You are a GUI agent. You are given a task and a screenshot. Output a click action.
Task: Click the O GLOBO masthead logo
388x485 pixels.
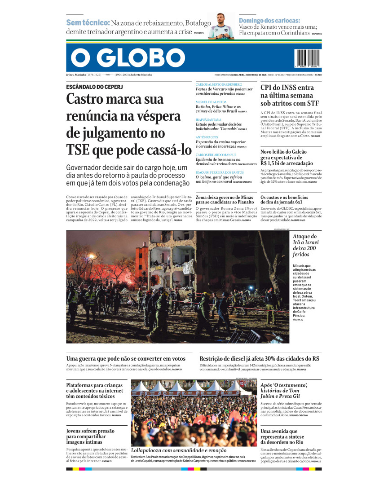click(x=128, y=57)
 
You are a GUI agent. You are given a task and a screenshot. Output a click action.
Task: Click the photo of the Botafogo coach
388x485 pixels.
click(x=221, y=26)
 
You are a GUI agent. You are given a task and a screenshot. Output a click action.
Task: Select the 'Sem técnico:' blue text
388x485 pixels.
click(x=88, y=22)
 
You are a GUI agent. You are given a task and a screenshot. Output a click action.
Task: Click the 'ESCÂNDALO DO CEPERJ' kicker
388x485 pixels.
click(x=94, y=86)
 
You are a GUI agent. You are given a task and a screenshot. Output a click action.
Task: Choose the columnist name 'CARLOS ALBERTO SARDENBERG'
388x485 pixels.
click(x=219, y=84)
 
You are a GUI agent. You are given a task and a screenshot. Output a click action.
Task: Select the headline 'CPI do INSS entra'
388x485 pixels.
click(x=287, y=88)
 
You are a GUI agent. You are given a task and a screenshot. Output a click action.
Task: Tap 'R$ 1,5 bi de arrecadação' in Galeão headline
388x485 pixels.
click(x=287, y=163)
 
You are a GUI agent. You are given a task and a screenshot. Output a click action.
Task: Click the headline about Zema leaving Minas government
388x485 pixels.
click(x=225, y=199)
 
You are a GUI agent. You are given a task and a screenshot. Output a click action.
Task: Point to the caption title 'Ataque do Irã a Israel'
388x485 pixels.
click(x=305, y=242)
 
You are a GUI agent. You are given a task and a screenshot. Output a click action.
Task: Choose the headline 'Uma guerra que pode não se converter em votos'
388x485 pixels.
click(x=126, y=358)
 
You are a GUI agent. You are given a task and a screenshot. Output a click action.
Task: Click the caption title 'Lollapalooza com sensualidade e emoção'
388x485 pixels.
click(x=179, y=450)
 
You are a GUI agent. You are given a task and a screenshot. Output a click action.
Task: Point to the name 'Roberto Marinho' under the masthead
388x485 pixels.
click(x=141, y=75)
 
